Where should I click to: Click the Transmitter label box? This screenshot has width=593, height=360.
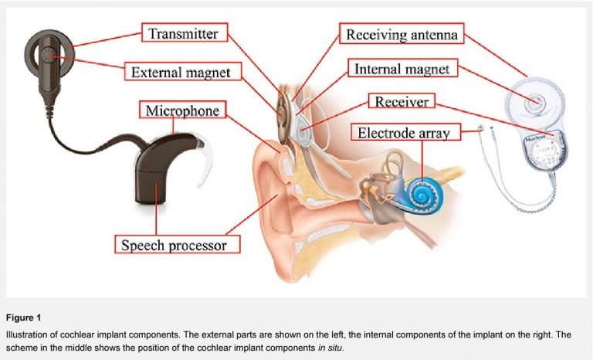pos(190,34)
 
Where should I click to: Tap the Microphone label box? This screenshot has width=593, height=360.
pos(182,110)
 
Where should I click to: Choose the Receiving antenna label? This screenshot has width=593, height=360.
pos(402,34)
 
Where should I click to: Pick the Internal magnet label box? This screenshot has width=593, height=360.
pos(402,69)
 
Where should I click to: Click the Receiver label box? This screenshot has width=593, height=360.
pos(402,101)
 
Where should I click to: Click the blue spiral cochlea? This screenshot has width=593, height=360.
pos(422,190)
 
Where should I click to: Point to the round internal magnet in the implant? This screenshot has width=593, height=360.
pos(531,100)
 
